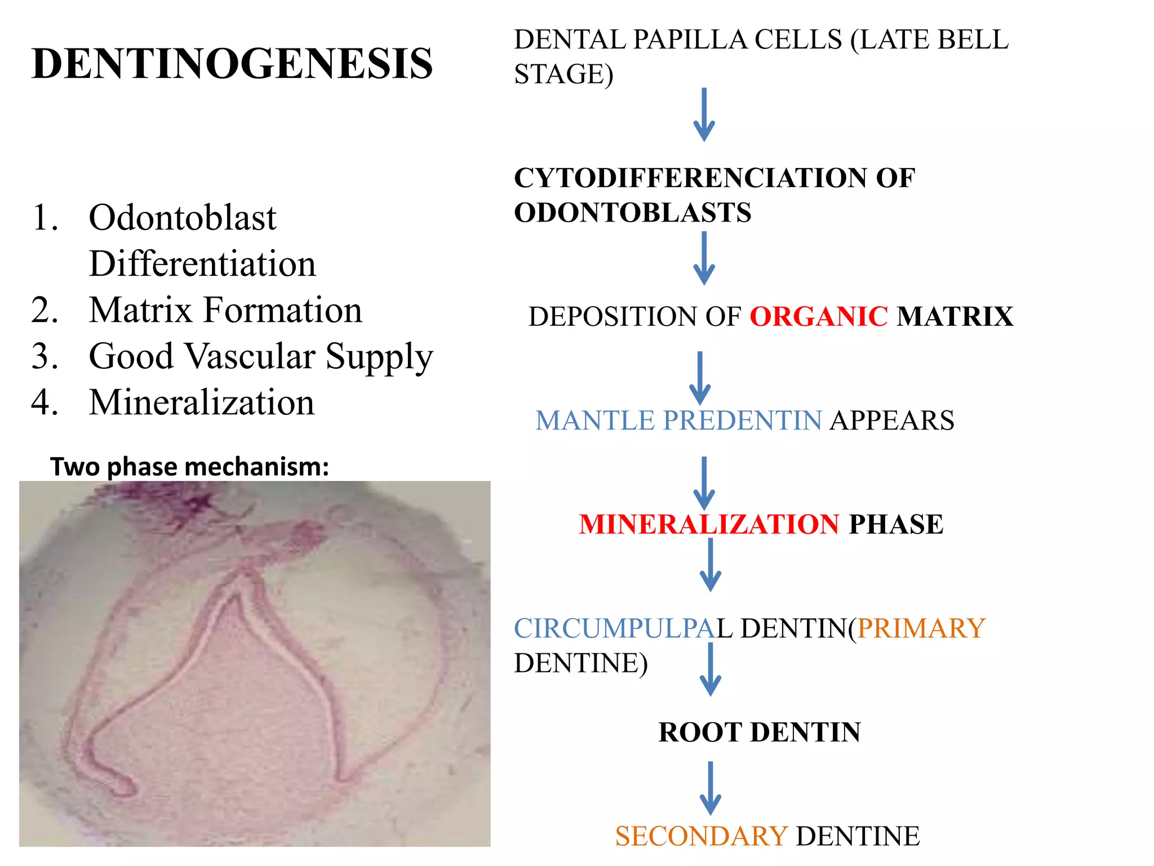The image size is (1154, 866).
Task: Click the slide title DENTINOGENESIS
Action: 232,63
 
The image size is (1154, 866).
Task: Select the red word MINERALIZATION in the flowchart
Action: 709,524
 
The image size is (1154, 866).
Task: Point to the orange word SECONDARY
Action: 701,836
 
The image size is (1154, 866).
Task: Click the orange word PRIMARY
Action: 921,628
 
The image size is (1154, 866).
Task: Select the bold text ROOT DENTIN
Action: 759,732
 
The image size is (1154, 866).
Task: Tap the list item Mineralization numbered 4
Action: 202,403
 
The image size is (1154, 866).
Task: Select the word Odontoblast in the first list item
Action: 183,218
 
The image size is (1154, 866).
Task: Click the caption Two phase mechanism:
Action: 189,467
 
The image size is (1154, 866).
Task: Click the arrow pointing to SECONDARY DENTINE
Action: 710,788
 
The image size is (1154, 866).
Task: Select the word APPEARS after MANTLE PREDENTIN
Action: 892,421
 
